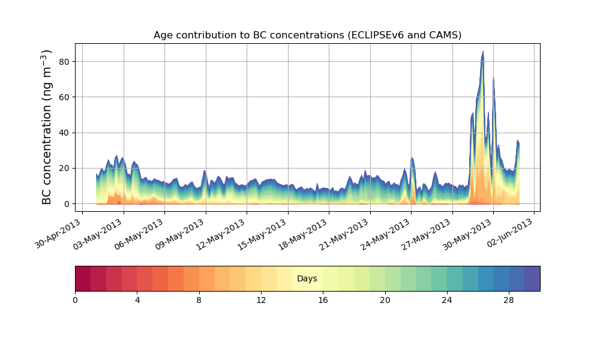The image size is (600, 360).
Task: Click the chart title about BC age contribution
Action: pyautogui.click(x=307, y=35)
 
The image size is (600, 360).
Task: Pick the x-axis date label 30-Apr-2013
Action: pyautogui.click(x=59, y=233)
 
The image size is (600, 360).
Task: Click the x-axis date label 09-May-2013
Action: pyautogui.click(x=182, y=233)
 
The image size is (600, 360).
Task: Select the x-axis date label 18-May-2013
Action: pyautogui.click(x=305, y=233)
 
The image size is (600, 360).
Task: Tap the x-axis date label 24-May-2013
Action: pyautogui.click(x=388, y=233)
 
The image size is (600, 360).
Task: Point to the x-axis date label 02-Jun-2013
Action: pyautogui.click(x=511, y=233)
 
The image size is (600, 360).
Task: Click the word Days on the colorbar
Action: pyautogui.click(x=307, y=279)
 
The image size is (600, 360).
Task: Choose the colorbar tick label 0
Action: pyautogui.click(x=75, y=299)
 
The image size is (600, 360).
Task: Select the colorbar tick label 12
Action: pyautogui.click(x=261, y=299)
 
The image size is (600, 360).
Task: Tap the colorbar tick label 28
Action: pyautogui.click(x=509, y=299)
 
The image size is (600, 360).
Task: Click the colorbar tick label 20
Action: pyautogui.click(x=385, y=299)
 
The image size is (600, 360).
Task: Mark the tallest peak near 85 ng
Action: pyautogui.click(x=482, y=53)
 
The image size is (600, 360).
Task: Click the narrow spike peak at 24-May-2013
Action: pyautogui.click(x=412, y=158)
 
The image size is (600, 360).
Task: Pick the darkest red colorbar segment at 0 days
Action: pyautogui.click(x=83, y=278)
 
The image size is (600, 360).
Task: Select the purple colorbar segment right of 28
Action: pyautogui.click(x=532, y=278)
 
